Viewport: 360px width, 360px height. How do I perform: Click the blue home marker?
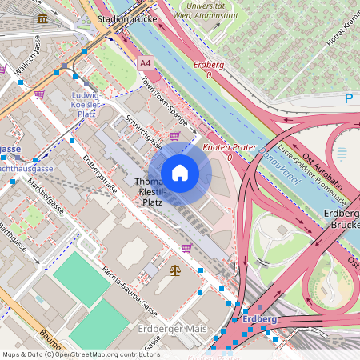click(x=180, y=173)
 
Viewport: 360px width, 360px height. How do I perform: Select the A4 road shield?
click(x=145, y=62)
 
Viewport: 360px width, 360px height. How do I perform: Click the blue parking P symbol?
click(x=348, y=98)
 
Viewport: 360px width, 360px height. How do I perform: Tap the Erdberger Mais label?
click(x=172, y=330)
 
